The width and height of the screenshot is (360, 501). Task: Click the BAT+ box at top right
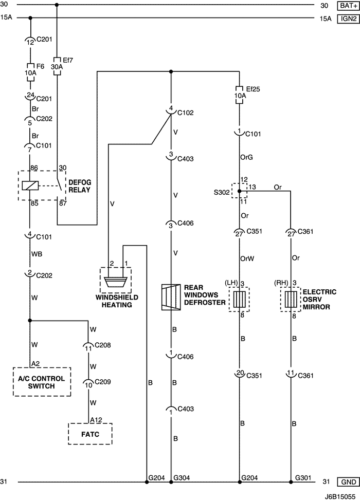[346, 6]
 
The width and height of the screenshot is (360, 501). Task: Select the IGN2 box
[346, 19]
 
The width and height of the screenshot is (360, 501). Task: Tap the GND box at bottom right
[346, 482]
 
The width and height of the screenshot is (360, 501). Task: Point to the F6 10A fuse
[30, 69]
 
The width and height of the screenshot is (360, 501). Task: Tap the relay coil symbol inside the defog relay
[30, 185]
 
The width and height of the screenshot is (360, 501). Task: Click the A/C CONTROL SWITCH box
[41, 382]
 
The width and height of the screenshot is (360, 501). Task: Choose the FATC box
[90, 434]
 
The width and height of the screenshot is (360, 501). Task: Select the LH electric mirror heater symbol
[239, 299]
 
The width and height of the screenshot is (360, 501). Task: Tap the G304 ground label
[182, 477]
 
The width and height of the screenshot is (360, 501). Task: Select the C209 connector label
[103, 382]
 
